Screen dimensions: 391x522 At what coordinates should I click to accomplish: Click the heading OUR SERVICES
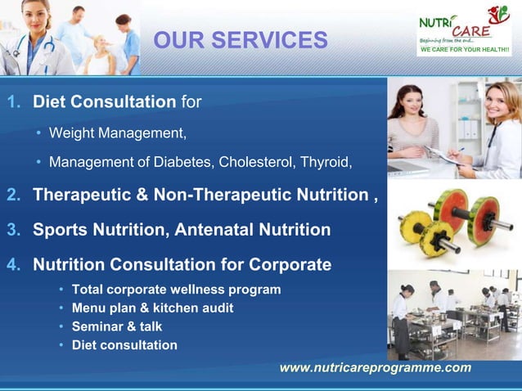pos(241,40)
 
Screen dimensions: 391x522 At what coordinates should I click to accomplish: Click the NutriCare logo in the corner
pos(464,30)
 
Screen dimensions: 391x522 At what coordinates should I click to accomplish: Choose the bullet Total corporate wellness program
pos(176,290)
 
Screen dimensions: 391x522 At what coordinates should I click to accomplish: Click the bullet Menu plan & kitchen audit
pos(152,308)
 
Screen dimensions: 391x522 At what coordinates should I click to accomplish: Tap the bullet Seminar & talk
pos(117,326)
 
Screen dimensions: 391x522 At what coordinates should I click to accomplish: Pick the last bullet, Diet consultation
pos(124,344)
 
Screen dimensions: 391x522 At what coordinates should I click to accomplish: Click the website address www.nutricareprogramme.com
pos(375,367)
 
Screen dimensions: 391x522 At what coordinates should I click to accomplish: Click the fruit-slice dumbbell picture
pos(452,224)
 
